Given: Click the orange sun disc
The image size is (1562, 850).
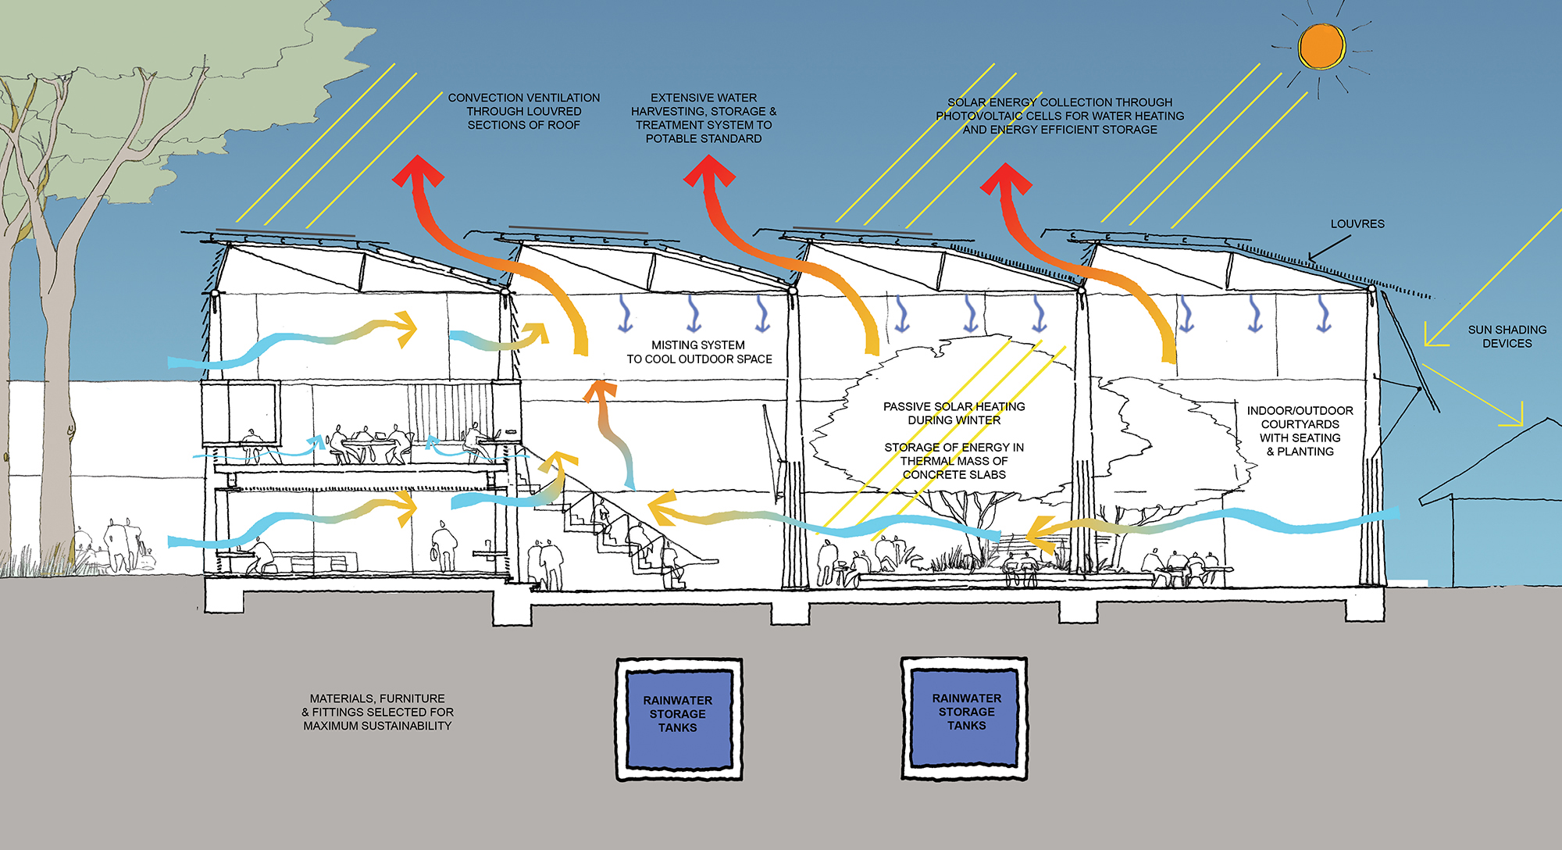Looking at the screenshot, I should tap(1321, 46).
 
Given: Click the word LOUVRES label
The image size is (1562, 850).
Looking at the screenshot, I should tap(1357, 224).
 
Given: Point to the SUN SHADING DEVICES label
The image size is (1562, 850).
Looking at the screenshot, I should tap(1507, 337).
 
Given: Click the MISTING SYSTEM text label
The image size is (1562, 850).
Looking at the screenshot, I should tap(699, 352).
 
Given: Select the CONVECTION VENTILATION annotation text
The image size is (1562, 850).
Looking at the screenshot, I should tap(524, 111).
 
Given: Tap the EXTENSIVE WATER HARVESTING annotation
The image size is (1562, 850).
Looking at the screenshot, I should tap(704, 118).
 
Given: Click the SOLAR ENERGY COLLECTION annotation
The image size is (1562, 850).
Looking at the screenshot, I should tap(1060, 116).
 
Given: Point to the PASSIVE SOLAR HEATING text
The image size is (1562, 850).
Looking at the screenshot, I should tap(954, 413).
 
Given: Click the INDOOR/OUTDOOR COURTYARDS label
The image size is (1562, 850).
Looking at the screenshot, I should tap(1300, 430).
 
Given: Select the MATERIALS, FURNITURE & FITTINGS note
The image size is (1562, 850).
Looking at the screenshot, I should tap(377, 712).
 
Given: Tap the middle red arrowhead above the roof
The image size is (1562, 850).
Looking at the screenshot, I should tap(709, 170).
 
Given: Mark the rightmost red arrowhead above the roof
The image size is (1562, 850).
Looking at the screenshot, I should tap(1006, 179).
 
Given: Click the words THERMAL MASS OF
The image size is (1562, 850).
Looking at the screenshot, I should tap(954, 461).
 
